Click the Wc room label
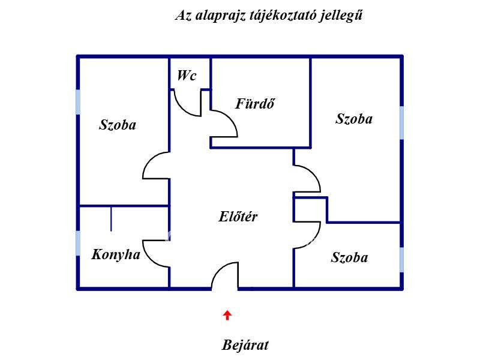point(187,76)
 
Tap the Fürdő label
point(255,103)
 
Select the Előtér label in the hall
point(238,217)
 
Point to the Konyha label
point(116,254)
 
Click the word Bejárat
point(245,345)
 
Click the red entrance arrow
point(227,316)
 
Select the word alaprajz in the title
point(220,16)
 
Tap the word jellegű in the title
point(341,15)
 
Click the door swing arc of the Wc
point(182,109)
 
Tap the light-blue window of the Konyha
point(78,243)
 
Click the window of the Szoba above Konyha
point(78,102)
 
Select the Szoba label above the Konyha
point(118,125)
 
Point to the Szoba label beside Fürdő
point(354,119)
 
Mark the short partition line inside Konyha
point(111,218)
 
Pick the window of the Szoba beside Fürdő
point(401,123)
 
